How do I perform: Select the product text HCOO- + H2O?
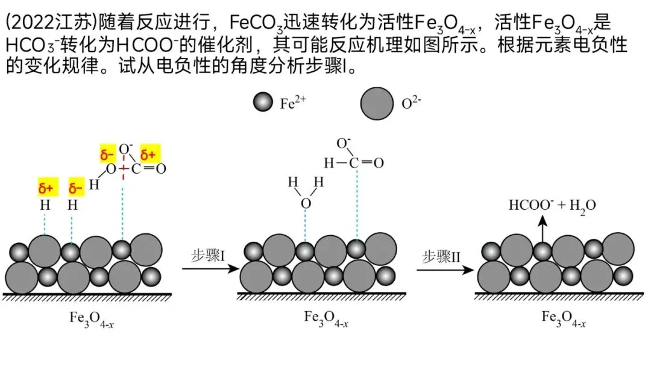[552, 205]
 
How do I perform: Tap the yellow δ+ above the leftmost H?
[46, 189]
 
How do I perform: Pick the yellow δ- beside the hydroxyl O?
[107, 156]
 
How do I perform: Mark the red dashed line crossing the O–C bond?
[123, 171]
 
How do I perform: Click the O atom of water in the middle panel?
[306, 203]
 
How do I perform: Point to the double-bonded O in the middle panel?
[378, 163]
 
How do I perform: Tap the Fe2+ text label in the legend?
[294, 103]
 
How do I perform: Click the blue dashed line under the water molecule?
[306, 226]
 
